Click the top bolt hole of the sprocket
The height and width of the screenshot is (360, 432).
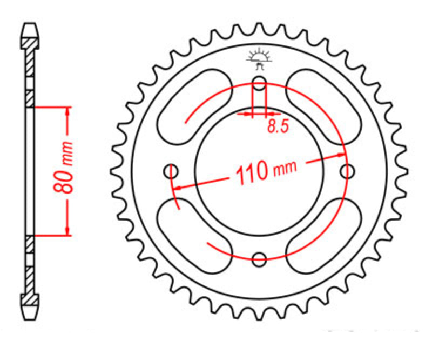[260, 84]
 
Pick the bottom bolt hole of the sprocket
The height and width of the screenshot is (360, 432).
[260, 258]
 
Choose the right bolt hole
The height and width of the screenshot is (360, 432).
[347, 171]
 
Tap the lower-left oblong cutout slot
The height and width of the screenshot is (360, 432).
[194, 235]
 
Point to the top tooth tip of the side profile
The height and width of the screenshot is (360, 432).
[30, 27]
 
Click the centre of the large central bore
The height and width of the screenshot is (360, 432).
[260, 171]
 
